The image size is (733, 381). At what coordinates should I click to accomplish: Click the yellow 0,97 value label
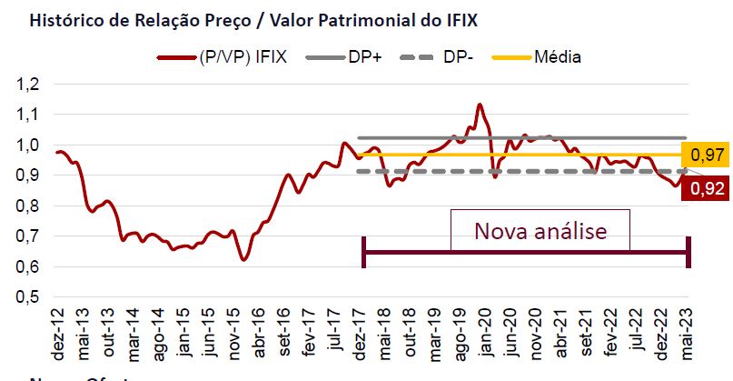tap(709, 155)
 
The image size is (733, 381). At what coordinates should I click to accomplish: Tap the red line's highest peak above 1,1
tap(479, 105)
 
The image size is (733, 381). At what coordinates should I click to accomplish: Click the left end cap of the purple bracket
tap(363, 252)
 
